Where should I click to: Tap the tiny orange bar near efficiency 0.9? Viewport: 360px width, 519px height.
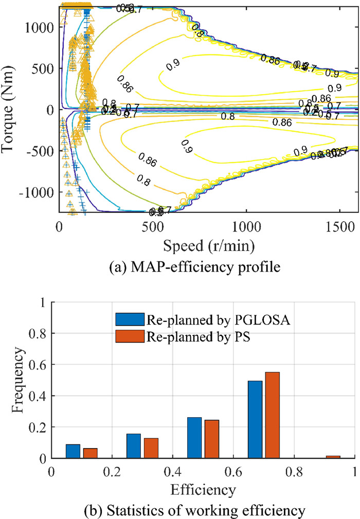pyautogui.click(x=333, y=456)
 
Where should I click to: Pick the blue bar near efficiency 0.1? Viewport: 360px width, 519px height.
pyautogui.click(x=73, y=451)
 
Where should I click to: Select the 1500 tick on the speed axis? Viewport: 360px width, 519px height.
pyautogui.click(x=340, y=226)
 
